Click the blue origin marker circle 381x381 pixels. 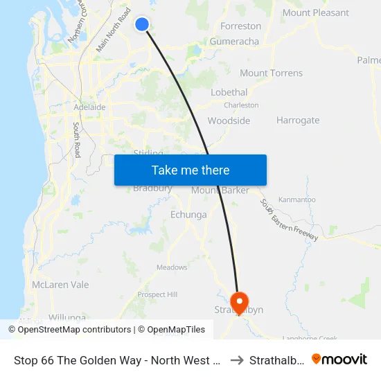[x=142, y=24]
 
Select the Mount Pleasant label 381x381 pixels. [x=316, y=12]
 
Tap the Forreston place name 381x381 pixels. [x=240, y=26]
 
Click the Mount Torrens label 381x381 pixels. [x=271, y=73]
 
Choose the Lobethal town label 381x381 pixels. [x=229, y=93]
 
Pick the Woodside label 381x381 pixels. [x=229, y=121]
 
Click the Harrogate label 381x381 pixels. [x=298, y=121]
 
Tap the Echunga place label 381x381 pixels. [x=188, y=215]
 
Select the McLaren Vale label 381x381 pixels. [x=60, y=285]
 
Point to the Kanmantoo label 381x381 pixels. [x=297, y=200]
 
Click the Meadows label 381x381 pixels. [x=172, y=267]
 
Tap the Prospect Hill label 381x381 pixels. [x=157, y=294]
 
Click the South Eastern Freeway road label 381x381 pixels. [x=289, y=220]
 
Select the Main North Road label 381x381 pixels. [x=114, y=30]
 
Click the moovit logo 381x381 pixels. [x=339, y=359]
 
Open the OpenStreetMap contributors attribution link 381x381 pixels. [x=74, y=330]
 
